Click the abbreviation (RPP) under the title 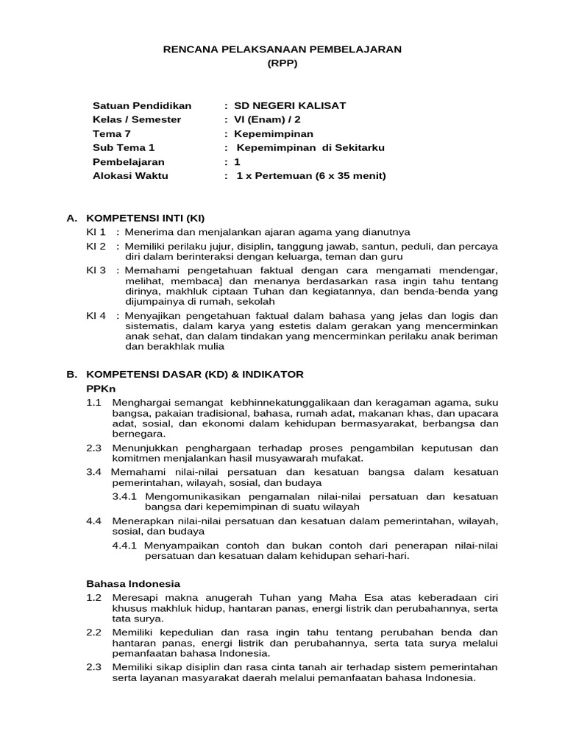[x=282, y=64]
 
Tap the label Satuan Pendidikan [x=142, y=105]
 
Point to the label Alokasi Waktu [x=130, y=175]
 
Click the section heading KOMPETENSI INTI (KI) [x=146, y=218]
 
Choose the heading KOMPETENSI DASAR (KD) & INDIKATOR [x=195, y=374]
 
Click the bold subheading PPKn [x=101, y=388]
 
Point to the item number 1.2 [x=94, y=598]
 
